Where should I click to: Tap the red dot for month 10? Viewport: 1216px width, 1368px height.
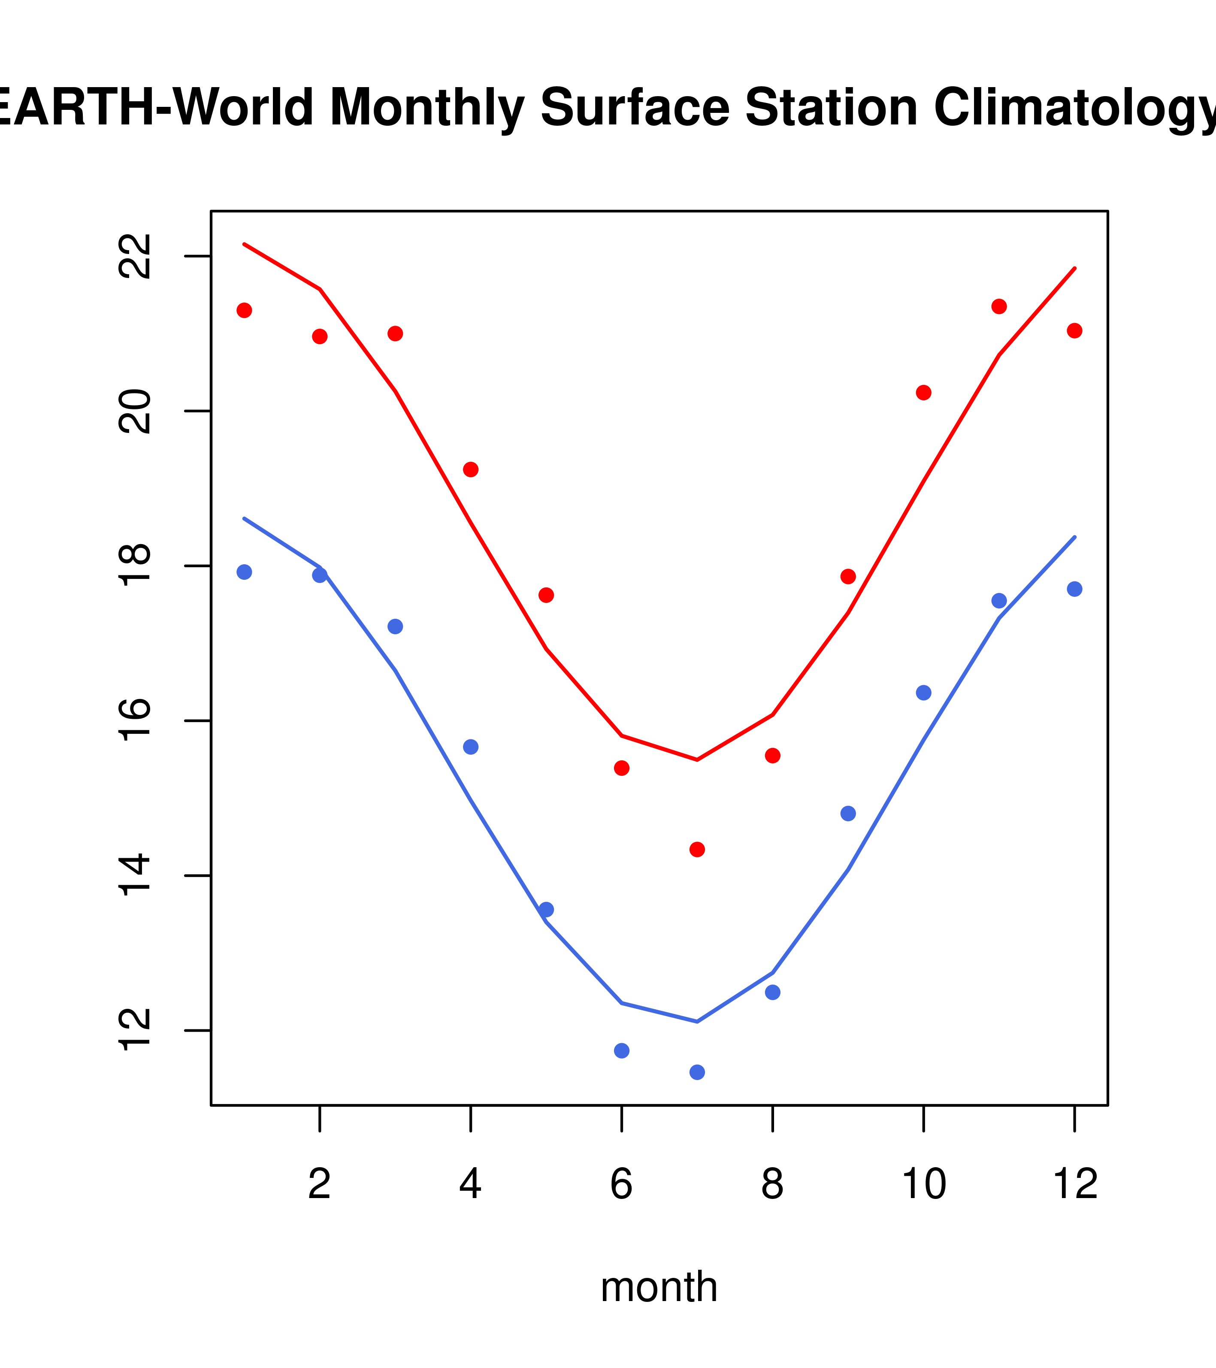(x=923, y=393)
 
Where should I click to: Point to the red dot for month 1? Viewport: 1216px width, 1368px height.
(x=244, y=311)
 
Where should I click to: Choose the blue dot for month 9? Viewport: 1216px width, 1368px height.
(x=848, y=814)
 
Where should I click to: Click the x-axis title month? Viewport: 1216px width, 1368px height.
(x=659, y=1287)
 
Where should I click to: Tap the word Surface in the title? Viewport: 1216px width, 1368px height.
(x=635, y=108)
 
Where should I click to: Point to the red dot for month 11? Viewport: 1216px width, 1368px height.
(x=999, y=306)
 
